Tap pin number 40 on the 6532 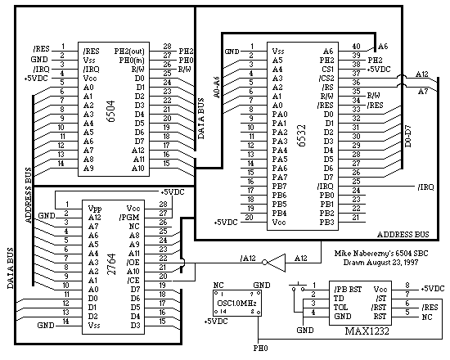(355, 47)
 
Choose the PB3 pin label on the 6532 (327, 223)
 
